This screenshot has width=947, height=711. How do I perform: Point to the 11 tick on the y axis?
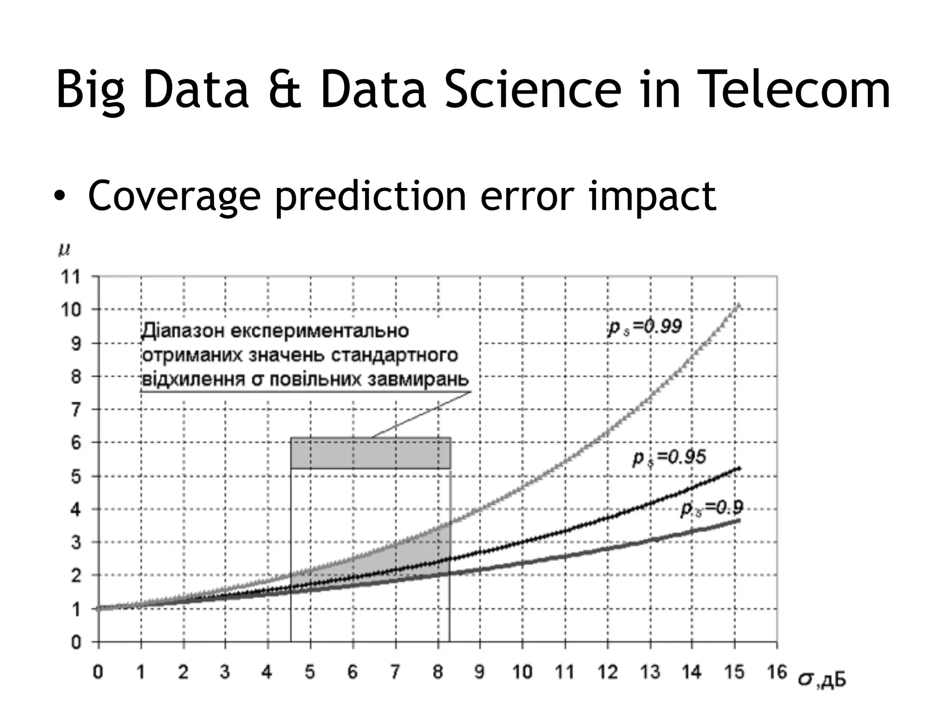[x=71, y=277]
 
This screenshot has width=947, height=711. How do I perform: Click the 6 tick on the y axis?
[x=75, y=443]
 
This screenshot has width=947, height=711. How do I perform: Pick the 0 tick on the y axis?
[x=75, y=642]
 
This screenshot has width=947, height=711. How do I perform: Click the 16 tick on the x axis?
[x=777, y=672]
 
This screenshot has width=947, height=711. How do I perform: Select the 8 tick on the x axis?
[x=438, y=672]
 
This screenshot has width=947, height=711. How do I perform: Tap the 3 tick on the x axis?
[x=225, y=672]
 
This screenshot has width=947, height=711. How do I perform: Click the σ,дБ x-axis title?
[x=822, y=680]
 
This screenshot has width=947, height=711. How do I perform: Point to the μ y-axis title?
[x=64, y=250]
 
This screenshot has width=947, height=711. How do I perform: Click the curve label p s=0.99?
[x=645, y=327]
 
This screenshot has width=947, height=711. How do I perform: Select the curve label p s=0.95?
[x=669, y=458]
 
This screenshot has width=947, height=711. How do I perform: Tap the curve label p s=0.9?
[x=712, y=508]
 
